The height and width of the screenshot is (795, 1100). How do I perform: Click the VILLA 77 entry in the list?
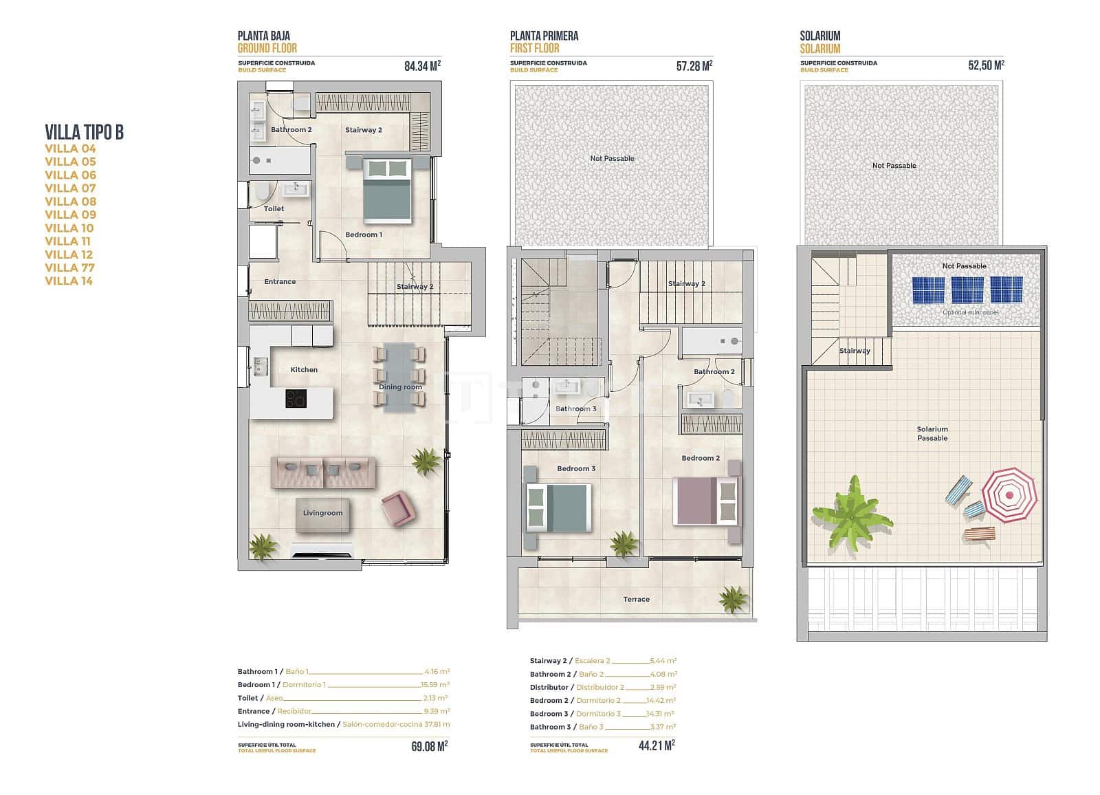pos(69,268)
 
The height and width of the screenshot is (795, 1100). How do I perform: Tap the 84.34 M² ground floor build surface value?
pos(422,66)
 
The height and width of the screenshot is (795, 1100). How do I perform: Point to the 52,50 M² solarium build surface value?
pos(986,66)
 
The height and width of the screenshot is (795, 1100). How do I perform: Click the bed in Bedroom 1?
pos(388,190)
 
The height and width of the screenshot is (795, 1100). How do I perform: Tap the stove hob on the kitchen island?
pos(296,398)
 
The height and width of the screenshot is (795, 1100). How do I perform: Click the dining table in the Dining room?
pos(399,377)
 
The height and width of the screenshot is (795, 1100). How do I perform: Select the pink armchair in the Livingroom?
pos(398,509)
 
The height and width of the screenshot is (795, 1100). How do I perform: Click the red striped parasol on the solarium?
pos(1009,494)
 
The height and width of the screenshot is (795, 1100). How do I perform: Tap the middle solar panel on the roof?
pos(967,290)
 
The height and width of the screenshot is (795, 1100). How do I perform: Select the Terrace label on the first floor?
pos(636,599)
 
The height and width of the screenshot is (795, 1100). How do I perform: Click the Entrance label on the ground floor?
pos(280,281)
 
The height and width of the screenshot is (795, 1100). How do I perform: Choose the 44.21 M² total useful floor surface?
pos(656,745)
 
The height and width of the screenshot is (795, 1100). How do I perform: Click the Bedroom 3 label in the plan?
pos(576,468)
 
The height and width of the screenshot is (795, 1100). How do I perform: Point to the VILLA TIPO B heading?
pos(84,132)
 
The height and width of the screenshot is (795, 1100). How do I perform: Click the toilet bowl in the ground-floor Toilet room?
pos(261,192)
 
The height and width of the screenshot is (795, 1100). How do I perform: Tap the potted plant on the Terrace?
pos(733,598)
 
